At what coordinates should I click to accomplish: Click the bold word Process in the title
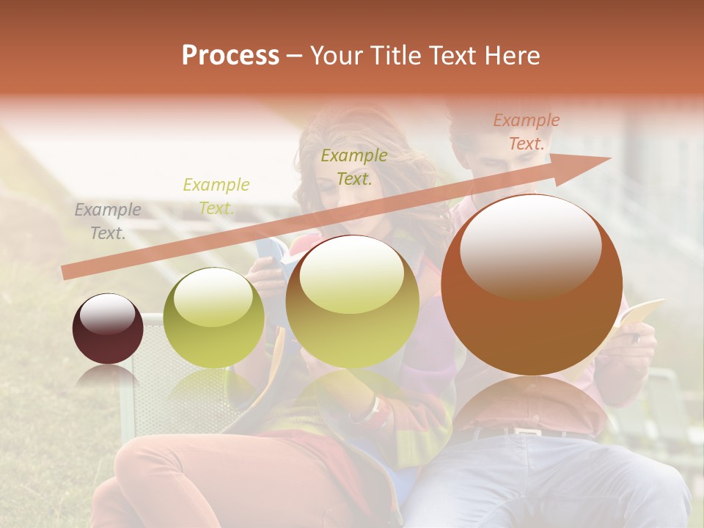coord(230,55)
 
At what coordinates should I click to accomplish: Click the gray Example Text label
coord(108,221)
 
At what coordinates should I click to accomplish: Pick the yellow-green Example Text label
coord(216,197)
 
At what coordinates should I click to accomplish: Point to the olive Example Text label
coord(354,166)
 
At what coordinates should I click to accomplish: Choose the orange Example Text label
coord(526,132)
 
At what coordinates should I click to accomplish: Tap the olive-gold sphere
coord(352,301)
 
